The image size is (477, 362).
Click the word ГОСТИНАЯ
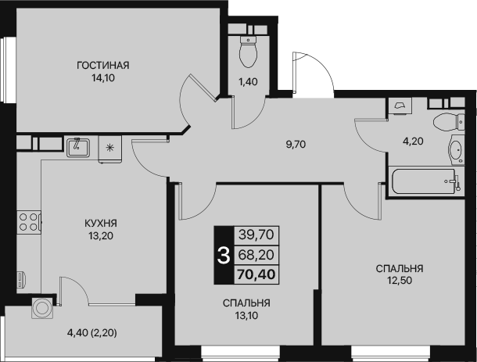tap(103, 66)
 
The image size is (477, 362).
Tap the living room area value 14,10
tap(103, 78)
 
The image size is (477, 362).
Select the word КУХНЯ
tap(101, 224)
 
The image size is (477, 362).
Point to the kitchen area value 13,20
tap(101, 236)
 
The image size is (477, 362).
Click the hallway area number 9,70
tap(296, 144)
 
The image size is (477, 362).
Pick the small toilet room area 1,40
tap(248, 82)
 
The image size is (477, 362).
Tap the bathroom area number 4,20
tap(413, 142)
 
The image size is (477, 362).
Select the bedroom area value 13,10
tap(246, 316)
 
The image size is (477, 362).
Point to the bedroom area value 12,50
tap(400, 281)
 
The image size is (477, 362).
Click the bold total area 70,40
tap(256, 274)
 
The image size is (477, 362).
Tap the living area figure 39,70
tap(256, 235)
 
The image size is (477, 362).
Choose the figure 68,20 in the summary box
tap(256, 255)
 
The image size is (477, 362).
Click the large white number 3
tap(224, 256)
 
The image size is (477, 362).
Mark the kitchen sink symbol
tap(78, 147)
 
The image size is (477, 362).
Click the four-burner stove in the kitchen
tap(29, 222)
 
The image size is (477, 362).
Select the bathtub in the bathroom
tap(425, 181)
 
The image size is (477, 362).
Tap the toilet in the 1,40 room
tap(249, 52)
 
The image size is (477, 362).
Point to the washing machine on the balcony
tap(42, 308)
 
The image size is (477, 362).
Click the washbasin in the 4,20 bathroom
tap(457, 149)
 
